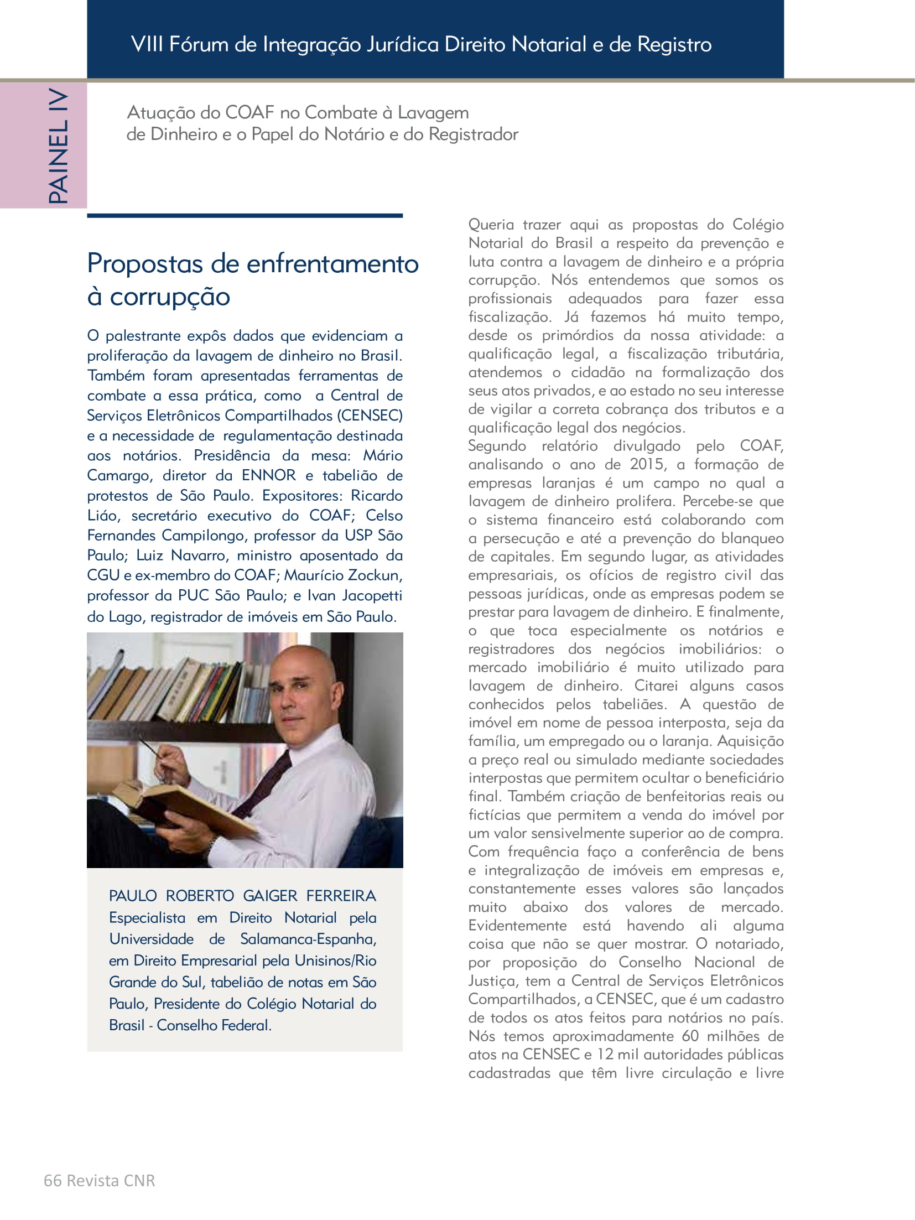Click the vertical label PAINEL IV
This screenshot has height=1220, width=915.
tap(58, 146)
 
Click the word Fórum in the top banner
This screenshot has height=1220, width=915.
tap(199, 44)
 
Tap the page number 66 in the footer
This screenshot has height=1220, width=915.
tap(53, 1180)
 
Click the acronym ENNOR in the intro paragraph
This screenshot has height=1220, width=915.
tap(269, 475)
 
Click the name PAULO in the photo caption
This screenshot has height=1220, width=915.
tap(133, 896)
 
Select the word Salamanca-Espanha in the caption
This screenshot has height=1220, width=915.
tap(308, 939)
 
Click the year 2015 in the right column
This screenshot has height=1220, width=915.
tap(647, 464)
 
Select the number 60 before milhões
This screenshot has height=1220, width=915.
tap(690, 1036)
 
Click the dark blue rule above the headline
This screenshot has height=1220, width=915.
tap(245, 215)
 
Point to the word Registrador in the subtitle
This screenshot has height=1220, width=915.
tap(474, 134)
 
